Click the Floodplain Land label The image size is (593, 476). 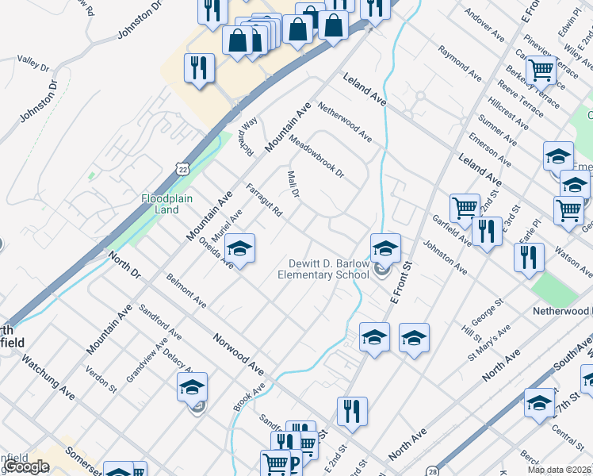coord(166,204)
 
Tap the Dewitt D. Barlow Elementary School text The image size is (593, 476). coord(323,269)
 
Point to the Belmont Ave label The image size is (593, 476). coord(186,291)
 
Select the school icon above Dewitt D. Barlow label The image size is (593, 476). coord(385,248)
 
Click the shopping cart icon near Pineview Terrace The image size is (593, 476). coord(541,70)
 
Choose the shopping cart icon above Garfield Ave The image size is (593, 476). coord(465,209)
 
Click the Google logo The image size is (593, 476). coord(27,466)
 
